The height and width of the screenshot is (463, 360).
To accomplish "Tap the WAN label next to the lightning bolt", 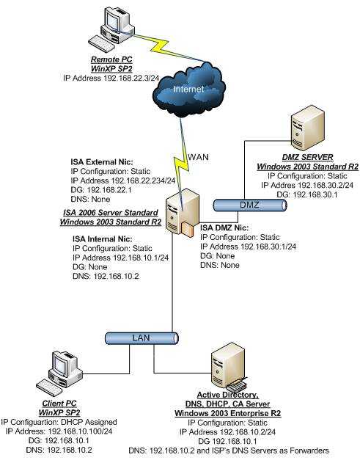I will pos(197,157).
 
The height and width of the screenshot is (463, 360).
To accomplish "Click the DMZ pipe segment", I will pos(249,205).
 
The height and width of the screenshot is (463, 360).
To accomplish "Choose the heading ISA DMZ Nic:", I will pos(230,228).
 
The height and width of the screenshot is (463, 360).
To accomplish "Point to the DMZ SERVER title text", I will pos(302,158).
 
